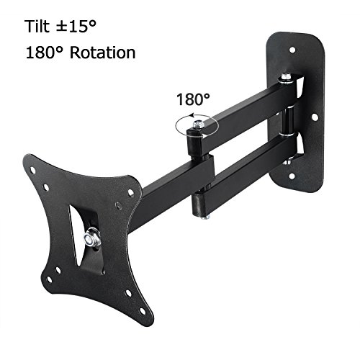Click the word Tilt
(x=37, y=26)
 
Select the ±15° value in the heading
(x=76, y=26)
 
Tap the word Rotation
(x=103, y=53)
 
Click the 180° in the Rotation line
(x=46, y=53)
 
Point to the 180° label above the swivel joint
(x=193, y=99)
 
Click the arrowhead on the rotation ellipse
(x=192, y=116)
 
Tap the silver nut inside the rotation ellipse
(x=198, y=125)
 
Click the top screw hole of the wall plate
(x=292, y=50)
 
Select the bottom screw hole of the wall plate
(x=292, y=176)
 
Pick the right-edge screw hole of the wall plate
(x=314, y=117)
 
